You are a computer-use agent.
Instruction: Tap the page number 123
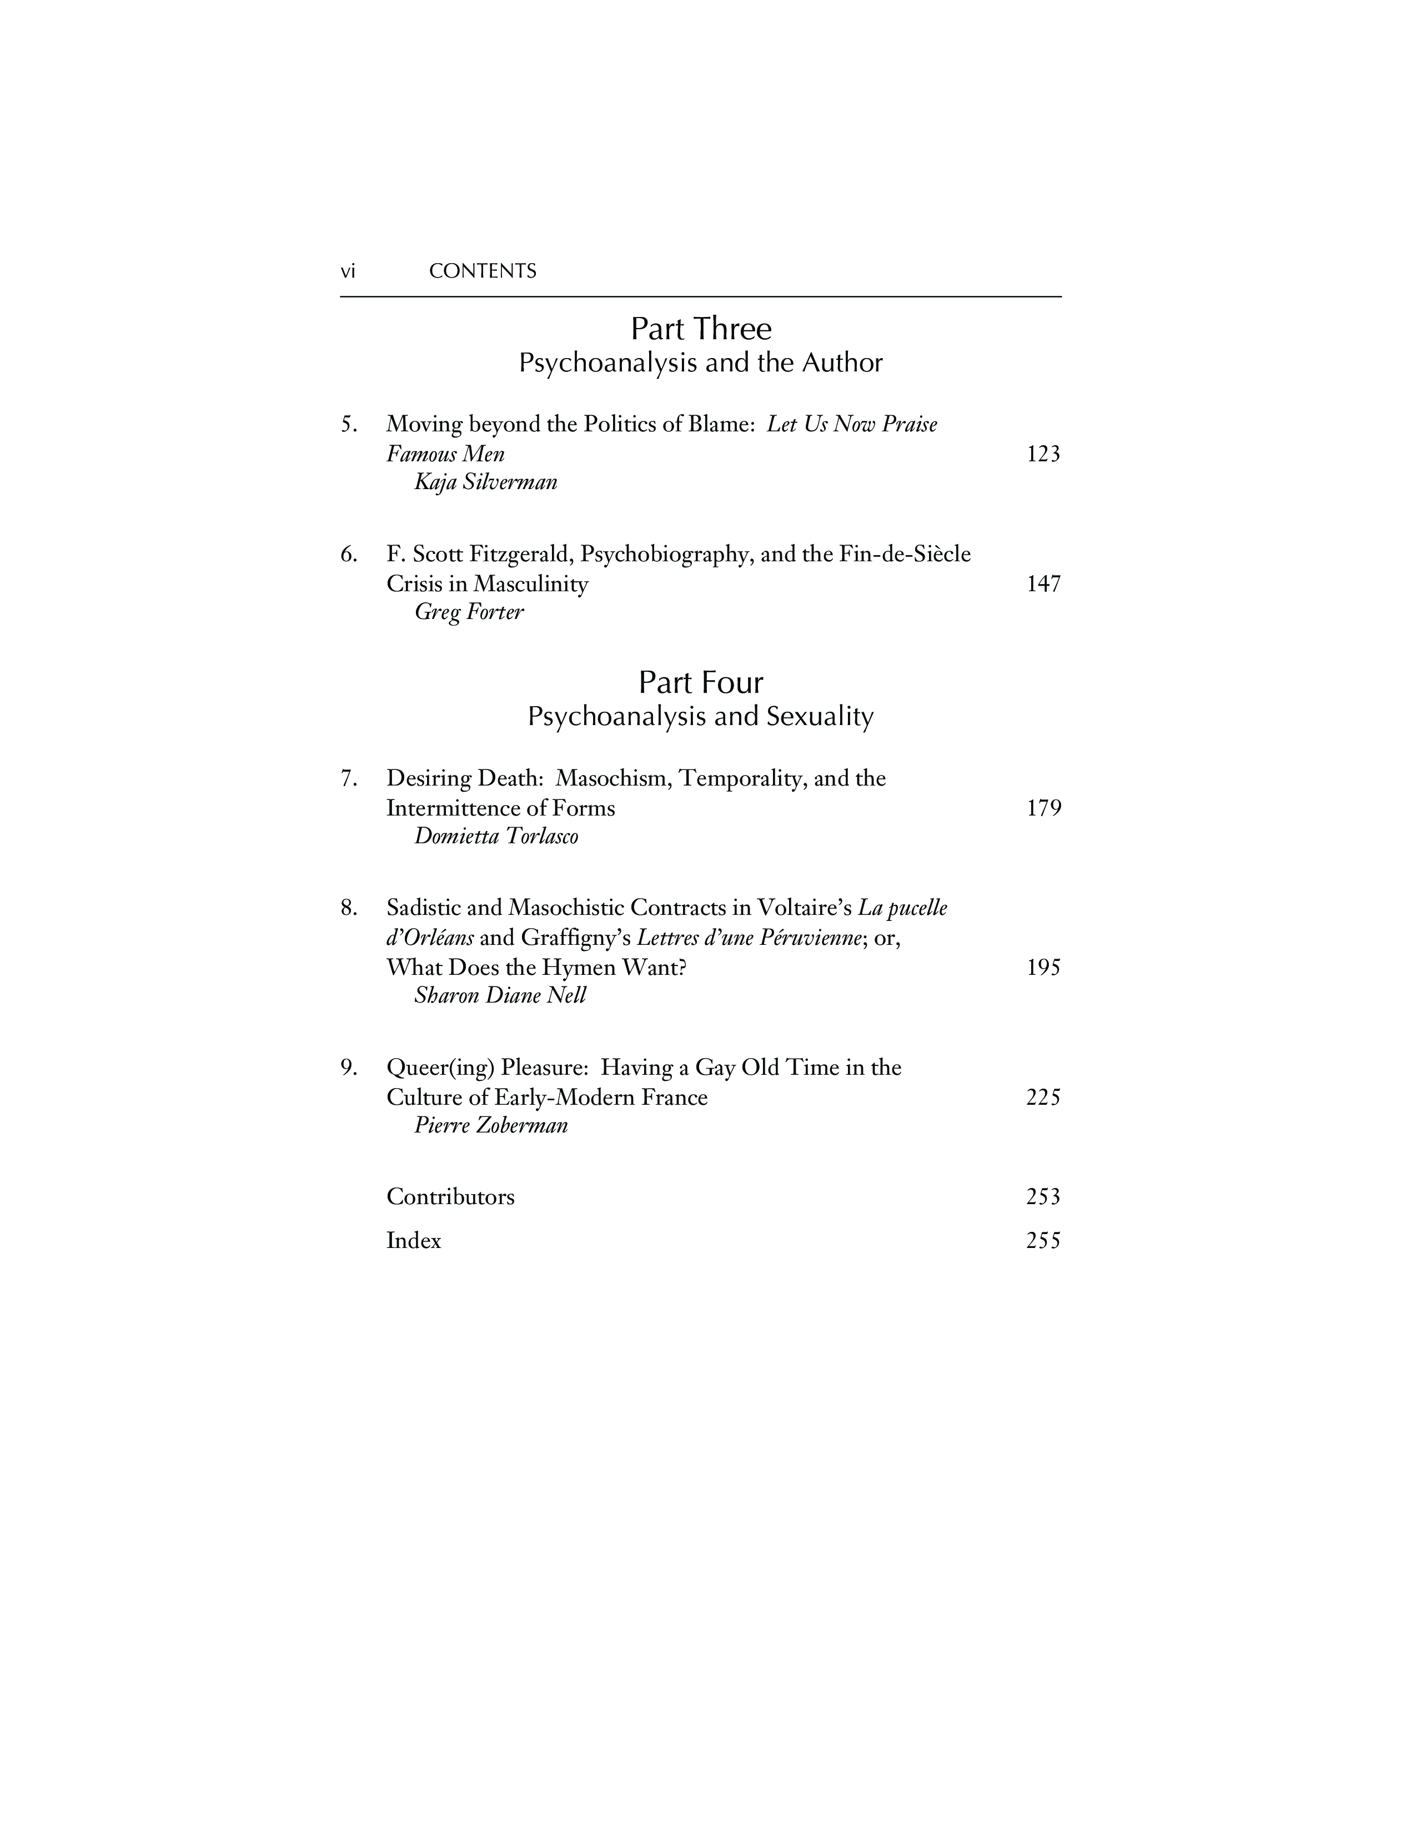[x=1043, y=454]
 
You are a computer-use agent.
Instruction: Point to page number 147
[x=1043, y=584]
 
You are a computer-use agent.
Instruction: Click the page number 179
[x=1043, y=808]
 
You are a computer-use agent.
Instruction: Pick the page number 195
[x=1043, y=967]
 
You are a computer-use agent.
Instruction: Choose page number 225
[x=1043, y=1097]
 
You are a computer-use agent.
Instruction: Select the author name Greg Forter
[x=469, y=612]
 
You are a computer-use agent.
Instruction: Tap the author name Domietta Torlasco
[x=496, y=836]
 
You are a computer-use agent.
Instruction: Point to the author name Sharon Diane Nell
[x=500, y=996]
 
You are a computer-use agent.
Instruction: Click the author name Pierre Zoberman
[x=491, y=1126]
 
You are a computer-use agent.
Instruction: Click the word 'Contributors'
[x=450, y=1196]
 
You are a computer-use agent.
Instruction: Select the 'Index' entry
[x=414, y=1241]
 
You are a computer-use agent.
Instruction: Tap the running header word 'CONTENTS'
[x=483, y=271]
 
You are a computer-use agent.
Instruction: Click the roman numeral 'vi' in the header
[x=347, y=271]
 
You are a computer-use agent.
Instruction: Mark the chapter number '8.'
[x=349, y=908]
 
